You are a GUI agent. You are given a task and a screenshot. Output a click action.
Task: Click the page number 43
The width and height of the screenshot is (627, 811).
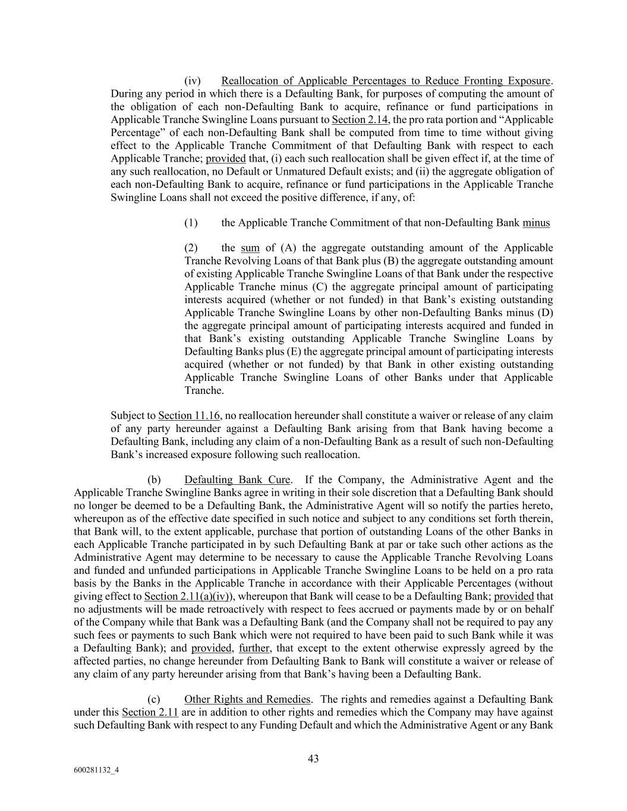click(x=313, y=758)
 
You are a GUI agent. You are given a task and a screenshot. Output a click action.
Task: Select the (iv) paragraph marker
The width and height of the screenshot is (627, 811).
click(x=193, y=81)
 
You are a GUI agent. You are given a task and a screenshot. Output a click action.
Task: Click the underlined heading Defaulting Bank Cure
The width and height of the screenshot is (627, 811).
click(x=237, y=479)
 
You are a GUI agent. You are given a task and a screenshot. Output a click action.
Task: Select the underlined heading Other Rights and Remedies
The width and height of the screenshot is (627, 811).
click(x=247, y=699)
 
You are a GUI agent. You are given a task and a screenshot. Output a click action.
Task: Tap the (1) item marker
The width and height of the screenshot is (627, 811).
click(x=191, y=223)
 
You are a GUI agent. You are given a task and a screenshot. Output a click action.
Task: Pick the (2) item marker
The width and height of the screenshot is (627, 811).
click(x=191, y=248)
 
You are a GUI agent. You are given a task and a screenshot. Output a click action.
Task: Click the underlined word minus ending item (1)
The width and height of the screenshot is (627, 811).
click(x=536, y=223)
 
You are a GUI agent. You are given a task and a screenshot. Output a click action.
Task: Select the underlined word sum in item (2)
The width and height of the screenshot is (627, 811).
click(x=250, y=248)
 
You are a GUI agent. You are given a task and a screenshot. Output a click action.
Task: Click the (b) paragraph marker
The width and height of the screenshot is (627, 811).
click(x=154, y=479)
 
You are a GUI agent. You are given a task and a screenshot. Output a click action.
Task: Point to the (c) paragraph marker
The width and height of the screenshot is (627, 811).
click(x=154, y=699)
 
